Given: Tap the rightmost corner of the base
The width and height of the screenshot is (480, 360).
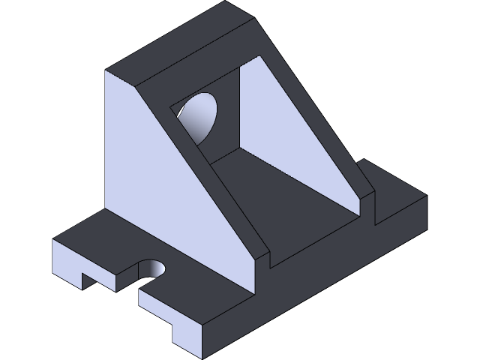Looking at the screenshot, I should pos(426,196).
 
